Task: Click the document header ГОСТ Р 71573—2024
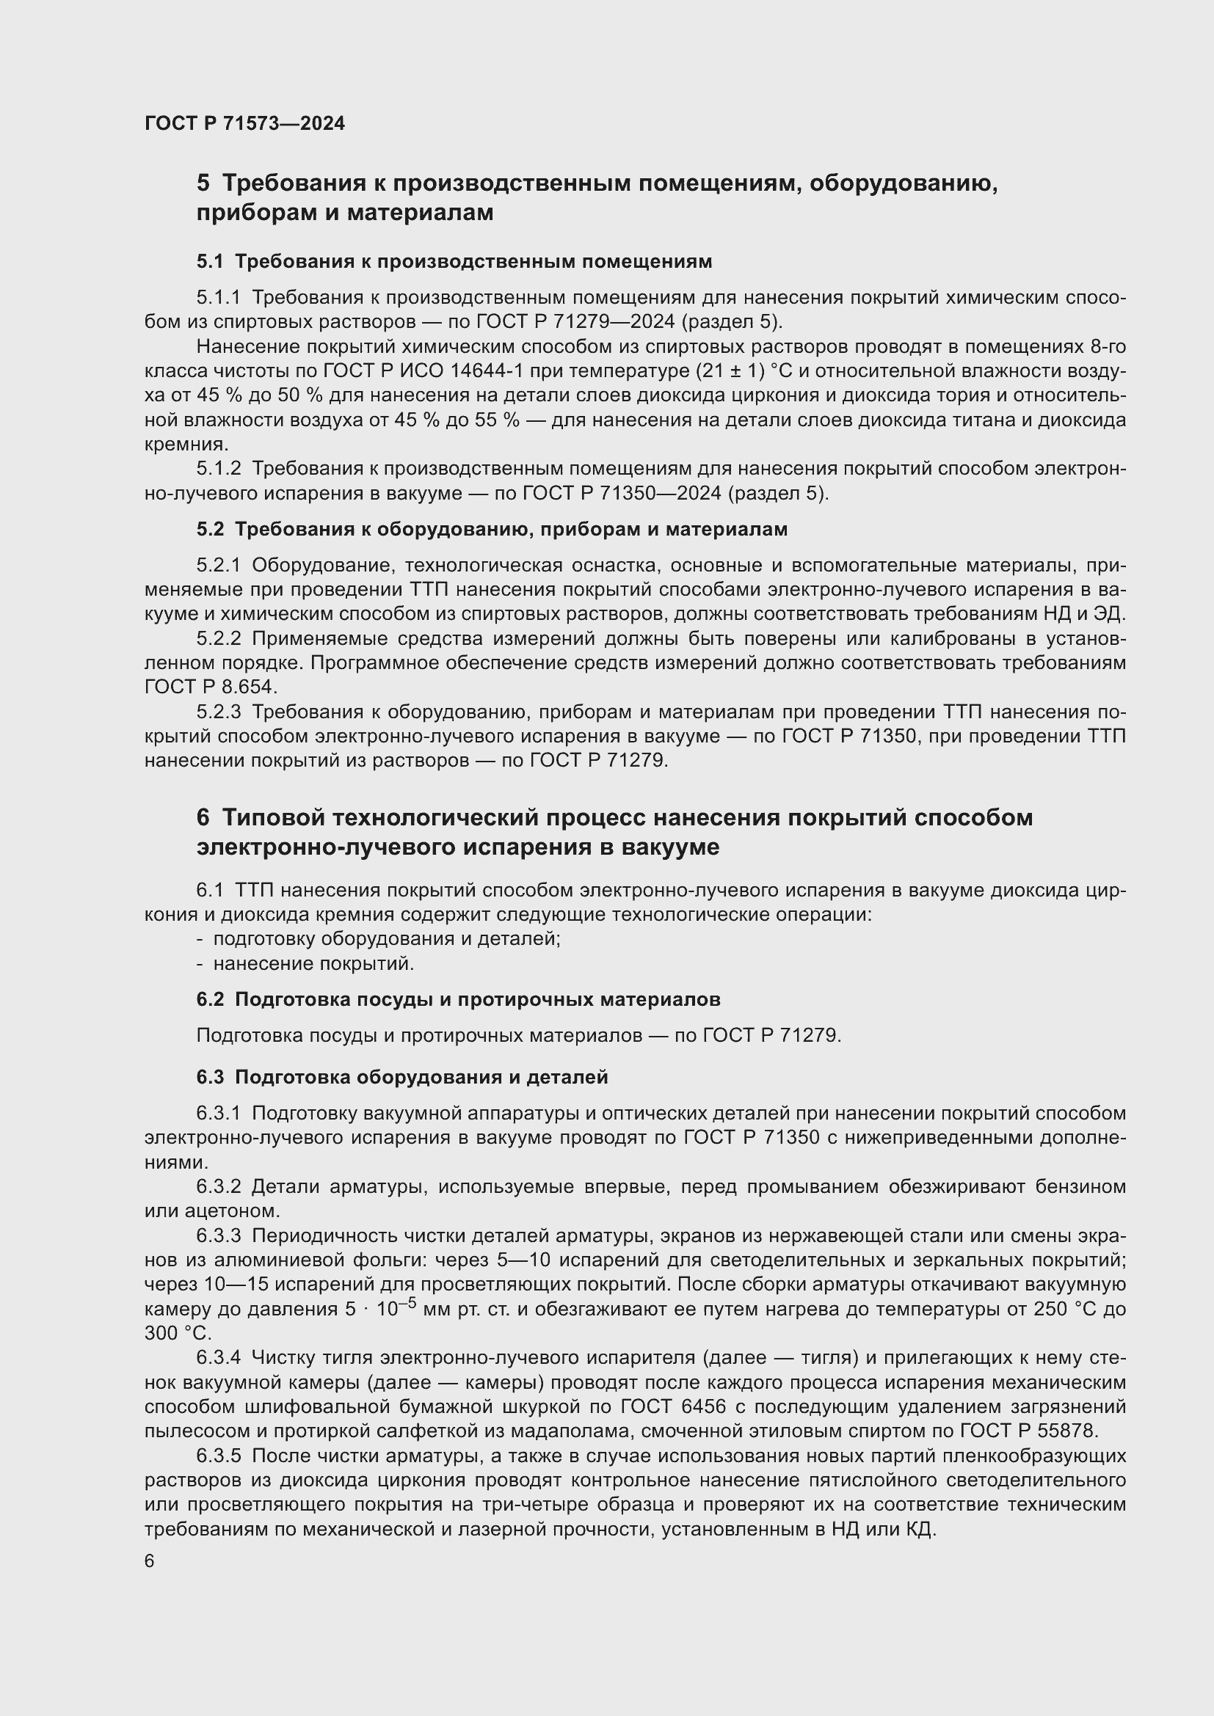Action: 244,123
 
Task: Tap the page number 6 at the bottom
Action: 150,1561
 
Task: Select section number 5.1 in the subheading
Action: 210,262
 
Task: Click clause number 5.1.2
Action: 218,469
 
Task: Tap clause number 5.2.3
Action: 218,712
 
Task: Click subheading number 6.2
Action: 210,999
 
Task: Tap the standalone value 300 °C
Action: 178,1333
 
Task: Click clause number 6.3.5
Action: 218,1456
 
